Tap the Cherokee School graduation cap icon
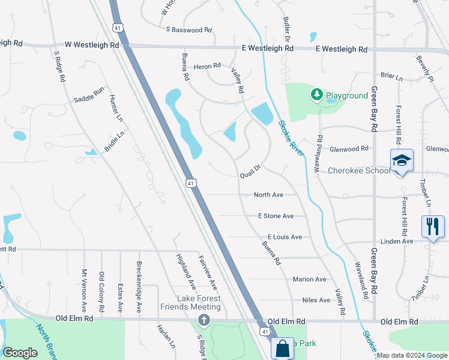click(402, 160)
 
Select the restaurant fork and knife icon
click(433, 226)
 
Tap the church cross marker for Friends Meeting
click(204, 320)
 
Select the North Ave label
click(268, 195)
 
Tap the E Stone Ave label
click(276, 216)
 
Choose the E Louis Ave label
click(285, 237)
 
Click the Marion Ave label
click(309, 279)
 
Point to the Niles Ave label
click(316, 300)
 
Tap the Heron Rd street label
click(207, 66)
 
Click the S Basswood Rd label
click(189, 29)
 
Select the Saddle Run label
click(89, 95)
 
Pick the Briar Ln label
click(391, 76)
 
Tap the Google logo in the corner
click(20, 353)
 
